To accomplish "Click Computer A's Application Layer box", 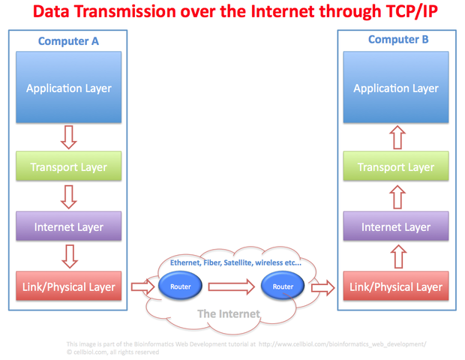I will (x=69, y=88).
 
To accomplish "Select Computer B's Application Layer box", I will (x=396, y=88).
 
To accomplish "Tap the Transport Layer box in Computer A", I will (x=69, y=167).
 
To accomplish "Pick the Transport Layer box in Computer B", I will (x=396, y=167).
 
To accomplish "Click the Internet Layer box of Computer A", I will (x=69, y=226).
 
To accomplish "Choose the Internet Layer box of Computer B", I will (x=396, y=226).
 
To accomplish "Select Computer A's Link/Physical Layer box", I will (x=69, y=286).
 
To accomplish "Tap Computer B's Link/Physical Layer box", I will (x=396, y=286).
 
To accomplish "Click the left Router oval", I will (x=181, y=286).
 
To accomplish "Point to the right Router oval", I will (x=283, y=286).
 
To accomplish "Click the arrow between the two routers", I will (x=232, y=286).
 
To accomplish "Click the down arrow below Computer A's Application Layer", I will (x=69, y=135).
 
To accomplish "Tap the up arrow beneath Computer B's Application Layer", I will (x=396, y=135).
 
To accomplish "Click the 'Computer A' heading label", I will (x=69, y=42).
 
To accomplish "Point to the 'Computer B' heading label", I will (x=397, y=39).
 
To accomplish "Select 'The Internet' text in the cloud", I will (x=229, y=313).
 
